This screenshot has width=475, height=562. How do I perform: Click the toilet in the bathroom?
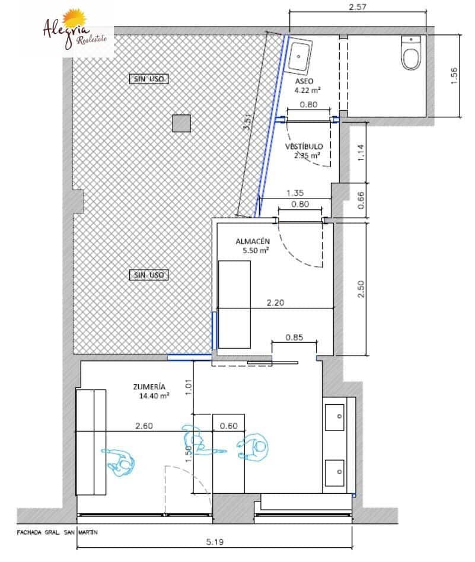coord(410,52)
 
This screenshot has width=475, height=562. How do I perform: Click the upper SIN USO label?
coord(149,79)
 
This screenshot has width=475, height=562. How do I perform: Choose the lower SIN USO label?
coord(149,275)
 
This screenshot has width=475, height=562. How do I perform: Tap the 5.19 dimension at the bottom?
coord(215,542)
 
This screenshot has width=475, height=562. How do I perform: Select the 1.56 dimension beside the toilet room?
coord(454,76)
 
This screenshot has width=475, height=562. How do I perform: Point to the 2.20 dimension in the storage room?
coord(275,303)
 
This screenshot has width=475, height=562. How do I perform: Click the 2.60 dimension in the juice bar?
coord(144,426)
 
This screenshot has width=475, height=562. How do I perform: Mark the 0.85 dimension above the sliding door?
coord(294,337)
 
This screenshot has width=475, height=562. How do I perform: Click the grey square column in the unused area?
coord(181,123)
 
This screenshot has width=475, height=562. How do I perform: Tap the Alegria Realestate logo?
coord(75,30)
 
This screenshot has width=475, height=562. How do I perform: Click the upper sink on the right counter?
coord(335,417)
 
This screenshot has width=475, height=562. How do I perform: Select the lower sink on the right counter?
coord(335,472)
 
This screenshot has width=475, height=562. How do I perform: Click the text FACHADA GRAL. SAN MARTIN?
coord(57,532)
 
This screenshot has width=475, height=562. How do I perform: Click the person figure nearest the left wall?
coord(119,462)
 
